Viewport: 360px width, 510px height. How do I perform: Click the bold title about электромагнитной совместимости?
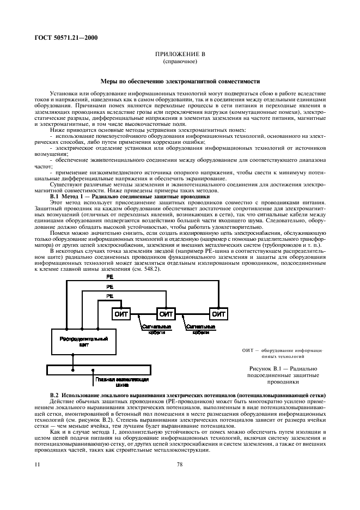click(180, 81)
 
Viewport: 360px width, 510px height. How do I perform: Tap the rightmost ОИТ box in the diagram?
click(218, 314)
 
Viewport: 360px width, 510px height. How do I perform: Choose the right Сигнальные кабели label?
click(187, 330)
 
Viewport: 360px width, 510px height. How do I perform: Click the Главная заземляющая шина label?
click(113, 380)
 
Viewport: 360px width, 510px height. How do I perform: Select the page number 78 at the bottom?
click(180, 464)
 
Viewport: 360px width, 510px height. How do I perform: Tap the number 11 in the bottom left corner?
click(37, 464)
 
